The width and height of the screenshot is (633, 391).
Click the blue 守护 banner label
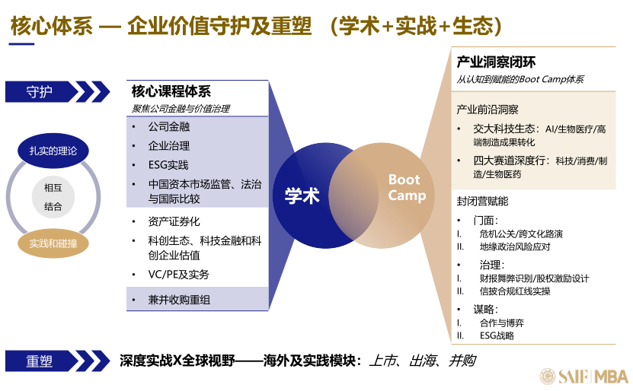[39, 92]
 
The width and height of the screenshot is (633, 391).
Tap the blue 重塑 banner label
[39, 361]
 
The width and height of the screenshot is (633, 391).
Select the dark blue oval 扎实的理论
[53, 151]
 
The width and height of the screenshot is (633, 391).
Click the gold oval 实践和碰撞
[53, 243]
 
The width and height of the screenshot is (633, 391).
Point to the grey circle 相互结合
[53, 197]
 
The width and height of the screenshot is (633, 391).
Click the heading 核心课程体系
[171, 91]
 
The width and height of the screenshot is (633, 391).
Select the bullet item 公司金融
[169, 126]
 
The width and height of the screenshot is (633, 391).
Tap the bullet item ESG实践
[168, 165]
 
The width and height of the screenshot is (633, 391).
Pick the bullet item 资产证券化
[174, 221]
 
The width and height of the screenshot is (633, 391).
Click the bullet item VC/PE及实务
[178, 275]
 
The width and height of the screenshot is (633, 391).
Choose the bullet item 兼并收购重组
[179, 300]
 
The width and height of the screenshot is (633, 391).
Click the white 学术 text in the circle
[302, 196]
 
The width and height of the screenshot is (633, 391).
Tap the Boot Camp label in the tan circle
[407, 187]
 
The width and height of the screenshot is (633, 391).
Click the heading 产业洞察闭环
[496, 62]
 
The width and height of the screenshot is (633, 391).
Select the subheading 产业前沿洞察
[488, 110]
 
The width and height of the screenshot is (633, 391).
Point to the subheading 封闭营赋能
[482, 201]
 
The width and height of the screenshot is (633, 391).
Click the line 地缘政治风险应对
[515, 246]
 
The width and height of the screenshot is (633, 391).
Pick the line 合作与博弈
[502, 323]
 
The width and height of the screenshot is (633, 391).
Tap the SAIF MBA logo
[584, 376]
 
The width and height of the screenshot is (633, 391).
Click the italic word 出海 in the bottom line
[423, 361]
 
